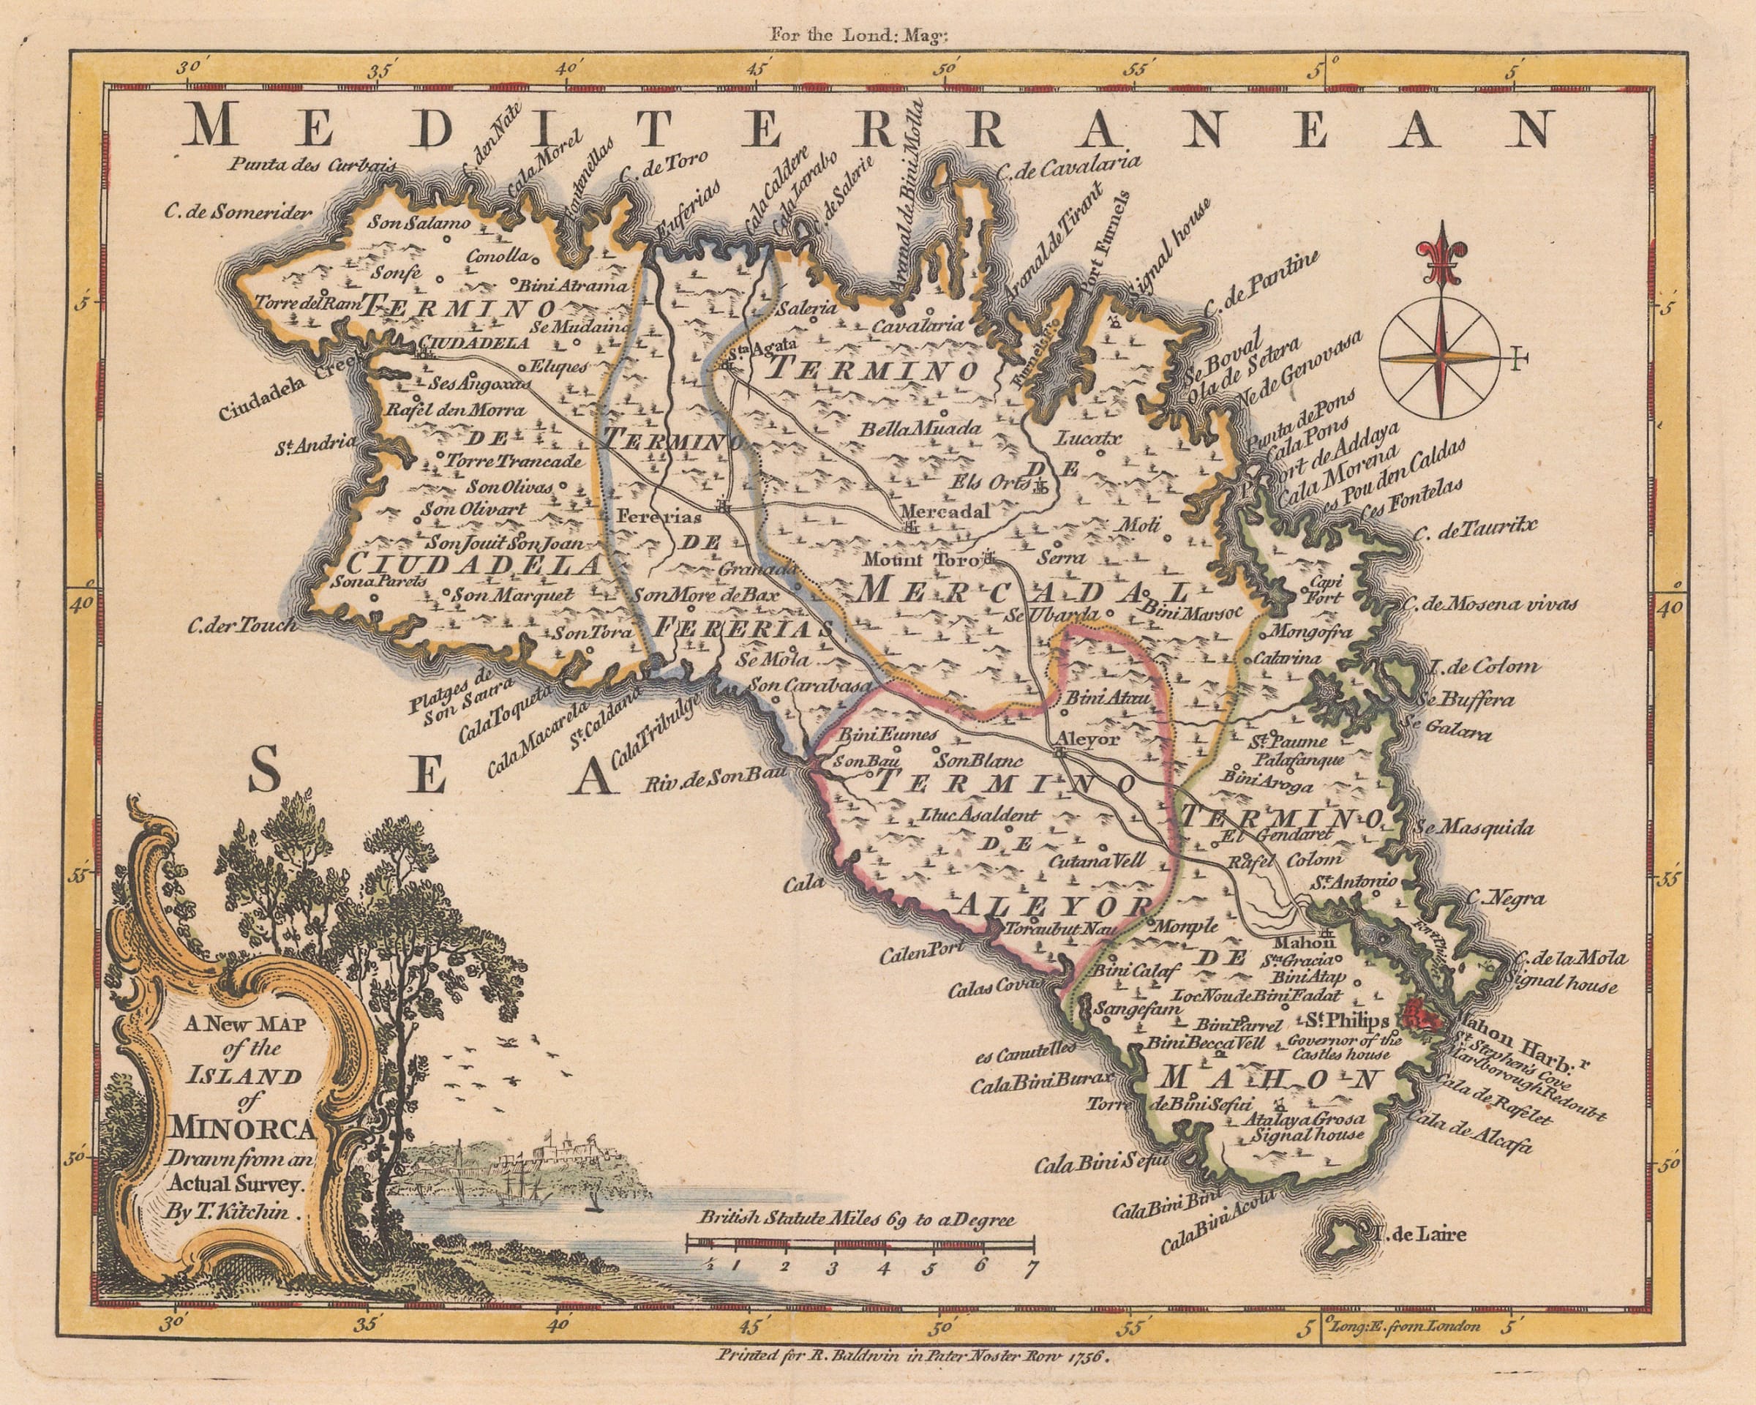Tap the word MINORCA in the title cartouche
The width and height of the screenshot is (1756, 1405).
(243, 1131)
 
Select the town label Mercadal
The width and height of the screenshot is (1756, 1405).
(945, 512)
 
